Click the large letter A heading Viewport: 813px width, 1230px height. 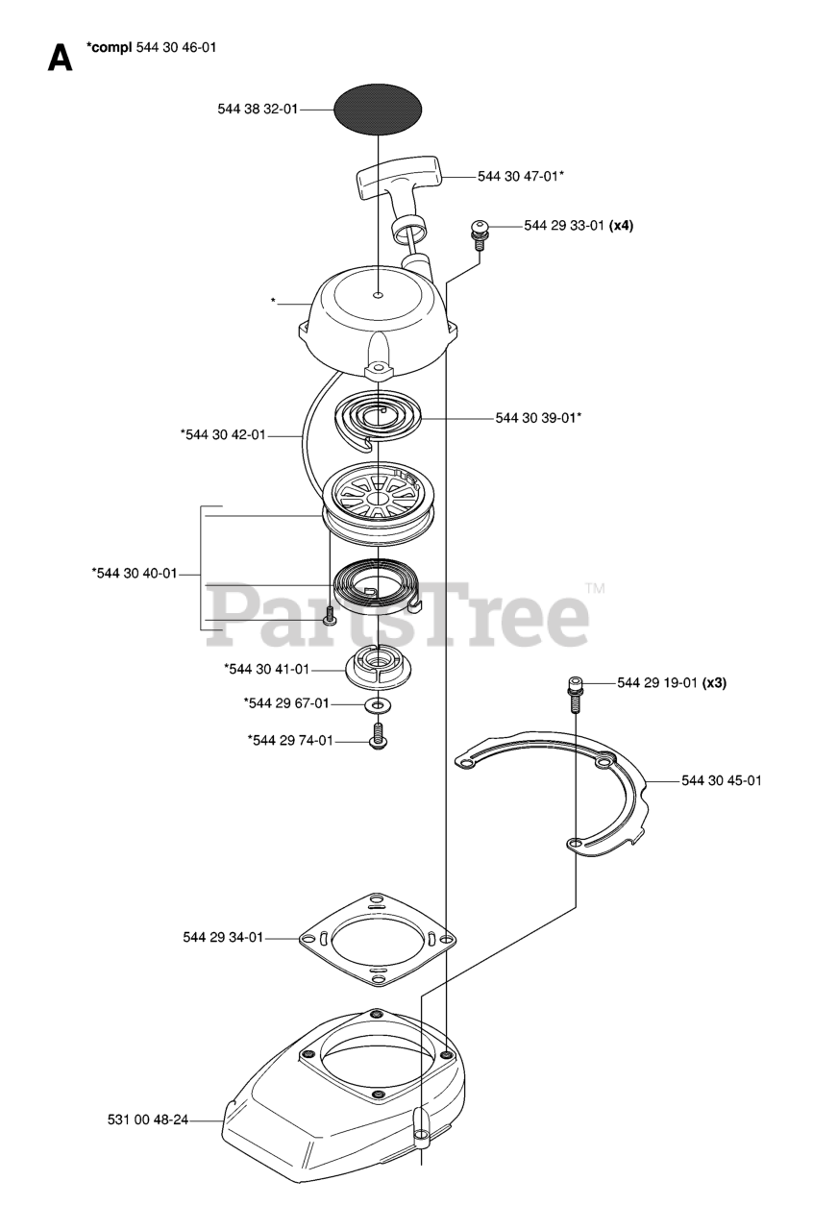[x=60, y=59]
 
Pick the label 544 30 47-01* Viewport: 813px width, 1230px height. [x=521, y=176]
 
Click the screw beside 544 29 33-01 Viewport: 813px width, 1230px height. [x=478, y=231]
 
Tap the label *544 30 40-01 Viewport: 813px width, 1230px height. [x=135, y=574]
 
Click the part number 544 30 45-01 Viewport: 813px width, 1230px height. [x=722, y=780]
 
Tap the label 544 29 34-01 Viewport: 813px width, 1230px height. [x=222, y=937]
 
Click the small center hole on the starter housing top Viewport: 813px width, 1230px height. [x=379, y=295]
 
